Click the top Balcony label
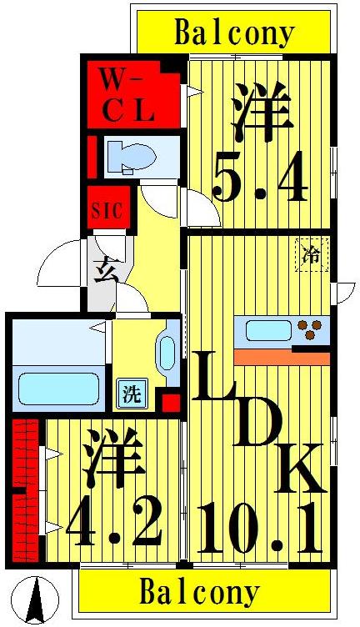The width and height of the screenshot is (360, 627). pos(234,33)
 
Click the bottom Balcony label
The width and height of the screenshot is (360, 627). pos(199,594)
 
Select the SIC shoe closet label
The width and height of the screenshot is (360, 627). pos(107,210)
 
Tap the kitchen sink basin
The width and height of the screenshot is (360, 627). pos(268,330)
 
